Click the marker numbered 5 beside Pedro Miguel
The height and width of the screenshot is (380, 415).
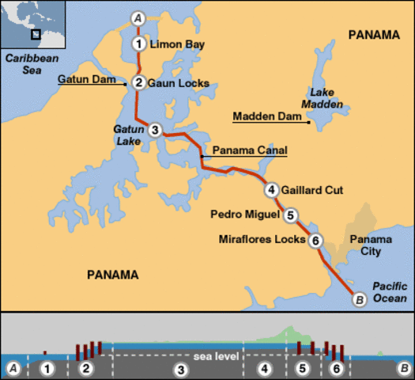tap(291, 215)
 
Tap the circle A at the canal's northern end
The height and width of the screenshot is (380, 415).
tap(139, 17)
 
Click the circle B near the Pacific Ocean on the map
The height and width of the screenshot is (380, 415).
tap(358, 298)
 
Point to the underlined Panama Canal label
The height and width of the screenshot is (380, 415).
tap(247, 150)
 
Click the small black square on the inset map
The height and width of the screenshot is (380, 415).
tap(35, 34)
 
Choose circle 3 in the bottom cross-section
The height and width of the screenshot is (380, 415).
tap(180, 369)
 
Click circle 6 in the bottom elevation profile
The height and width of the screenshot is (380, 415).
tap(337, 369)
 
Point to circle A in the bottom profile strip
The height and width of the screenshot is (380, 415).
tap(13, 368)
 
